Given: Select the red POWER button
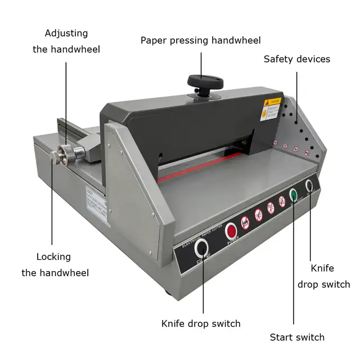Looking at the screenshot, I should pos(231,231).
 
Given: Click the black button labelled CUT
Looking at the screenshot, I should pos(201,248).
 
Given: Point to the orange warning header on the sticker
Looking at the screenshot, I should pos(273,102).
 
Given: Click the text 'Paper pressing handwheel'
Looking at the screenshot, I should pos(201,40).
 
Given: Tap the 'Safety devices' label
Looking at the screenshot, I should pos(296,59).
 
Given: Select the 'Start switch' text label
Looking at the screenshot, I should pos(297,337).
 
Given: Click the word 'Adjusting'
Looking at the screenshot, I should pos(66,34).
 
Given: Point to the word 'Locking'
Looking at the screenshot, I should pos(54,257).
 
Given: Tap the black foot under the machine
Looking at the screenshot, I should pos(169,292).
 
